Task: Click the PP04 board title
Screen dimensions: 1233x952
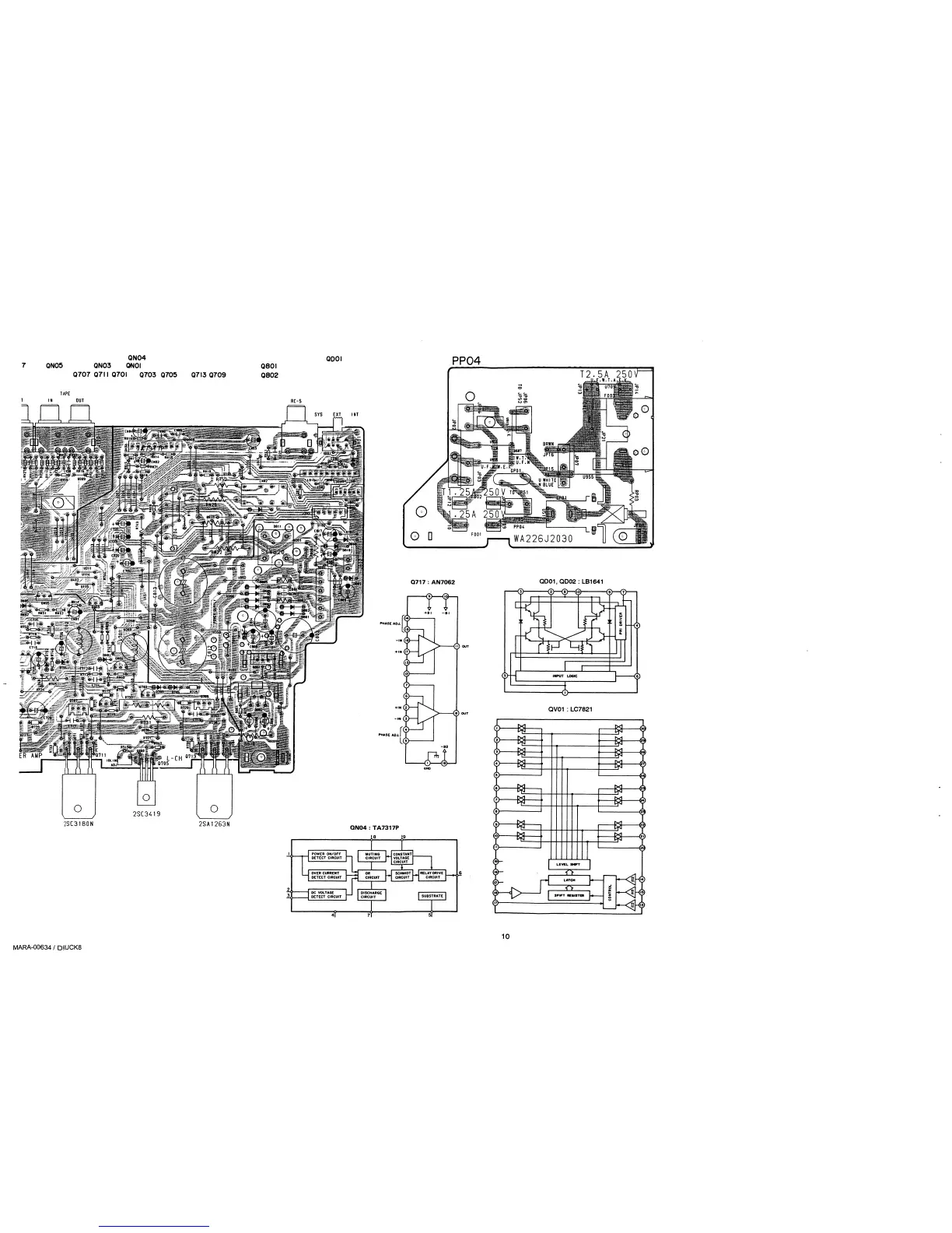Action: [470, 360]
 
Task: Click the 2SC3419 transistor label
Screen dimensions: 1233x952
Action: [144, 815]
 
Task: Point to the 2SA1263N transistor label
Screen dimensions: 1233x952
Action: [213, 825]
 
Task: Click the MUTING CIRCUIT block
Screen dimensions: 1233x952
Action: [373, 855]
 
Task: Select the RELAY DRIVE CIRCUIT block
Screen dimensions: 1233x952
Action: [432, 874]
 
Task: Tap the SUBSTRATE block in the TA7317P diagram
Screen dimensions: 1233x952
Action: [432, 896]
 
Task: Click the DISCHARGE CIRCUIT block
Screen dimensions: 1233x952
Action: [373, 895]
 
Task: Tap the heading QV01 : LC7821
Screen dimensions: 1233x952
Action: [570, 708]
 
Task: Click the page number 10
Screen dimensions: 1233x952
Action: [505, 936]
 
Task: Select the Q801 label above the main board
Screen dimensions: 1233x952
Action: [269, 367]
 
